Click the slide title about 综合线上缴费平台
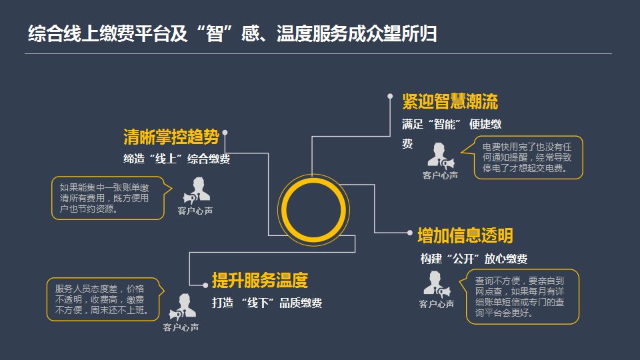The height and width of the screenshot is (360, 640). (x=232, y=34)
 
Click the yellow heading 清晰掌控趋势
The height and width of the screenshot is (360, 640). (x=171, y=138)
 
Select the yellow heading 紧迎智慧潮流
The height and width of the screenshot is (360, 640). (x=450, y=102)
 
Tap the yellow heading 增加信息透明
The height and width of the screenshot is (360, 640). (x=465, y=235)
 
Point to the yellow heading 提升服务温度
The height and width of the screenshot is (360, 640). (x=260, y=280)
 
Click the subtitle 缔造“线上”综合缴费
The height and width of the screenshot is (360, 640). (x=177, y=159)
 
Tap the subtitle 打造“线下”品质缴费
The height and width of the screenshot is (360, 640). (x=267, y=303)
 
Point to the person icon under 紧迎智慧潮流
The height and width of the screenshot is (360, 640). (x=440, y=155)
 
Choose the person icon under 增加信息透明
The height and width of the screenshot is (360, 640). (x=437, y=283)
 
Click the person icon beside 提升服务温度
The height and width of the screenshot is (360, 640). (x=181, y=307)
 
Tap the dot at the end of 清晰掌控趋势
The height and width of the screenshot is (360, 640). (x=225, y=133)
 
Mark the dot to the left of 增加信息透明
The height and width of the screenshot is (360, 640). (x=411, y=233)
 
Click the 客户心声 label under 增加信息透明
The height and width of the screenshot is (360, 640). (x=437, y=304)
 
